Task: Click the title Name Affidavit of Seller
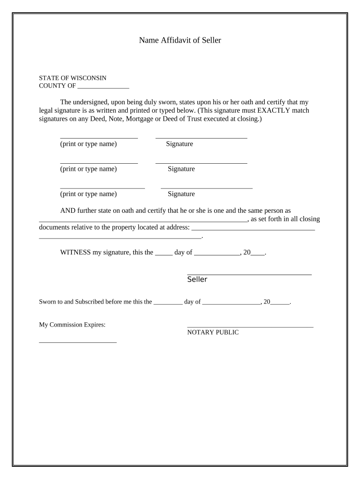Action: [x=180, y=40]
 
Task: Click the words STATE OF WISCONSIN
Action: [x=72, y=78]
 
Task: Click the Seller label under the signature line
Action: [x=197, y=279]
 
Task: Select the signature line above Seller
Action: [x=249, y=274]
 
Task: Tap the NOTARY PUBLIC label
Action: [x=213, y=332]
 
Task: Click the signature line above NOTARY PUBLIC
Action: [x=250, y=327]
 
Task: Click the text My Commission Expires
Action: [x=72, y=325]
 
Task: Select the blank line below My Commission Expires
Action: [x=78, y=342]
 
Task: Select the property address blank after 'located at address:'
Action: [x=253, y=229]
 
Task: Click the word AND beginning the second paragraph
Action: [x=68, y=210]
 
